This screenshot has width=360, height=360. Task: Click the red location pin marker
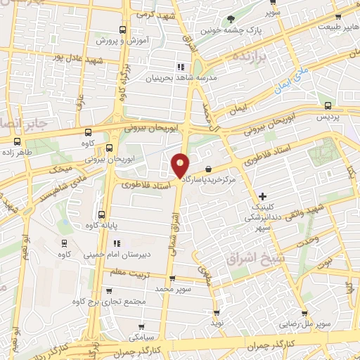[181, 165]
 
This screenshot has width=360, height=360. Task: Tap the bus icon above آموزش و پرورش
[123, 30]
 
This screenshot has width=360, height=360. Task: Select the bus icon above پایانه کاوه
[102, 214]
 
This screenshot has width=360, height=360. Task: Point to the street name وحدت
[307, 240]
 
